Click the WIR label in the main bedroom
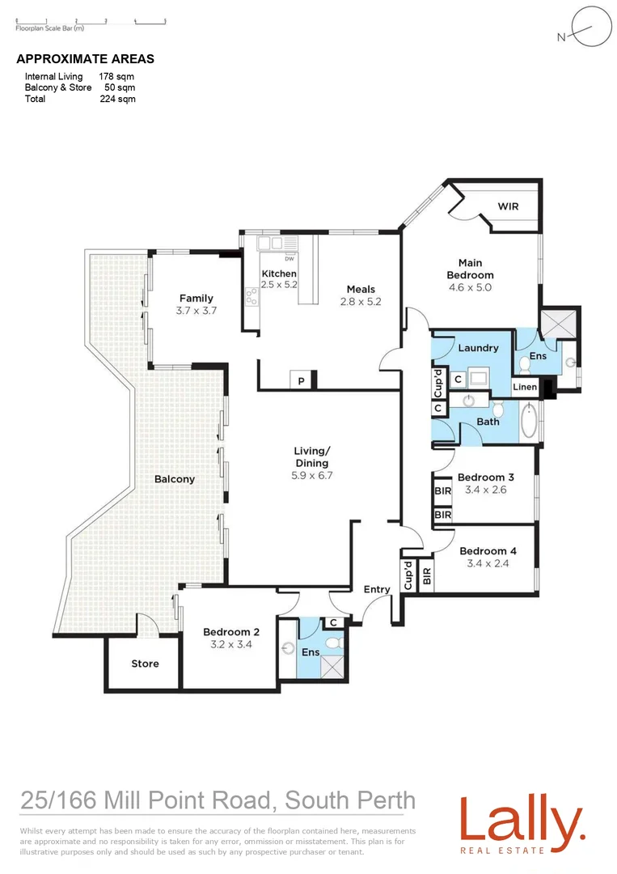(508, 206)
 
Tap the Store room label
(146, 664)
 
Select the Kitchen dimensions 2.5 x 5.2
(280, 285)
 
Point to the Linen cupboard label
(525, 388)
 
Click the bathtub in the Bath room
(529, 421)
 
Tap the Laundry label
(478, 348)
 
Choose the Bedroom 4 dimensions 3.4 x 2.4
(488, 564)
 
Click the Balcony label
(175, 479)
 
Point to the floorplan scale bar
(90, 21)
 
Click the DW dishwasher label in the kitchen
(289, 259)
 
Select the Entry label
(377, 589)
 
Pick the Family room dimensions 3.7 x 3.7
(197, 310)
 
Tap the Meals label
(361, 289)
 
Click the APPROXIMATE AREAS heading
(85, 59)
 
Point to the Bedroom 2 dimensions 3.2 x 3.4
(231, 645)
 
